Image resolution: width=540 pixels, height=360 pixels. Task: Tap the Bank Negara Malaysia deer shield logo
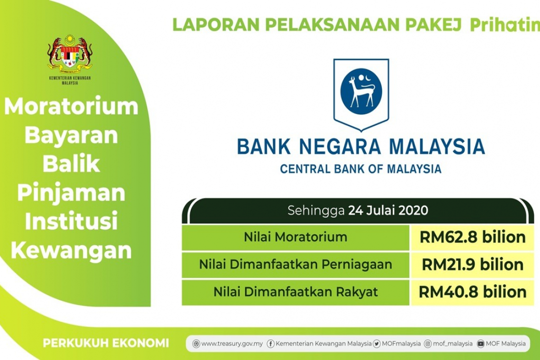(x=361, y=92)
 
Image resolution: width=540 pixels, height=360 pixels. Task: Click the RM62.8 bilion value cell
(x=472, y=237)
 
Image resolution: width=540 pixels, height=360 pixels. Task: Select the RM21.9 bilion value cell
(x=472, y=264)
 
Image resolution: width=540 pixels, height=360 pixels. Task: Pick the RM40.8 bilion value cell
(x=472, y=292)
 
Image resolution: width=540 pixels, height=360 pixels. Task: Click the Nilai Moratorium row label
(x=296, y=237)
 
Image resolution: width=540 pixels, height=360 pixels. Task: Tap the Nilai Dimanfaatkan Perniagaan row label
(x=296, y=264)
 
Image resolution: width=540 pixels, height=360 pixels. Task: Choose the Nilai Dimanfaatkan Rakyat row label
(x=296, y=292)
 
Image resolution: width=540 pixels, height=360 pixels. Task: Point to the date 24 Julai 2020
(x=388, y=210)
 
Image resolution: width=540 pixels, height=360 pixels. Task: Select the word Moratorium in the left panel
(x=71, y=107)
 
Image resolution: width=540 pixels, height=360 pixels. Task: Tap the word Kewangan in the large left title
(x=71, y=251)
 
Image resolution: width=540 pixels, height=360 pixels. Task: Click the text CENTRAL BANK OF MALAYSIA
(x=360, y=169)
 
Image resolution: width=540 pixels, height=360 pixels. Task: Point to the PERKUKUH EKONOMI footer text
(x=106, y=343)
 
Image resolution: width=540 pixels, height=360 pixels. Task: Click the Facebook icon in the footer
(x=270, y=344)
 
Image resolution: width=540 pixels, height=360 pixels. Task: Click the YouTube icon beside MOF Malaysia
(x=481, y=344)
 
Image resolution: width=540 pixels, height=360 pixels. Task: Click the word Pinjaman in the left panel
(x=71, y=193)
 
